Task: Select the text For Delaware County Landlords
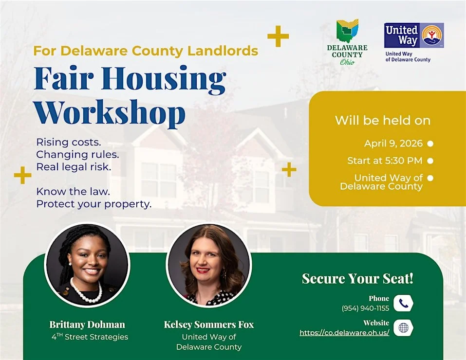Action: tap(146, 51)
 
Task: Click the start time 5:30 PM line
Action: tap(385, 161)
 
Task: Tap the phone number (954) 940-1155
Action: tap(365, 308)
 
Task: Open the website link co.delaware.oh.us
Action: tap(344, 333)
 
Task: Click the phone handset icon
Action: tap(403, 304)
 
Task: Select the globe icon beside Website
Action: tap(403, 328)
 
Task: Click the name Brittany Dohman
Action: tap(87, 324)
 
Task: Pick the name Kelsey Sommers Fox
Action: tap(209, 324)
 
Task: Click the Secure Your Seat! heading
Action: tap(357, 279)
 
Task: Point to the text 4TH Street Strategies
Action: tap(90, 337)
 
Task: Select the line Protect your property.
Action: tap(94, 204)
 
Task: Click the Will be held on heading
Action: tap(382, 121)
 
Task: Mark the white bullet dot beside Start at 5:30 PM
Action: tap(430, 161)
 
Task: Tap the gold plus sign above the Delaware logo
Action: tap(278, 36)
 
